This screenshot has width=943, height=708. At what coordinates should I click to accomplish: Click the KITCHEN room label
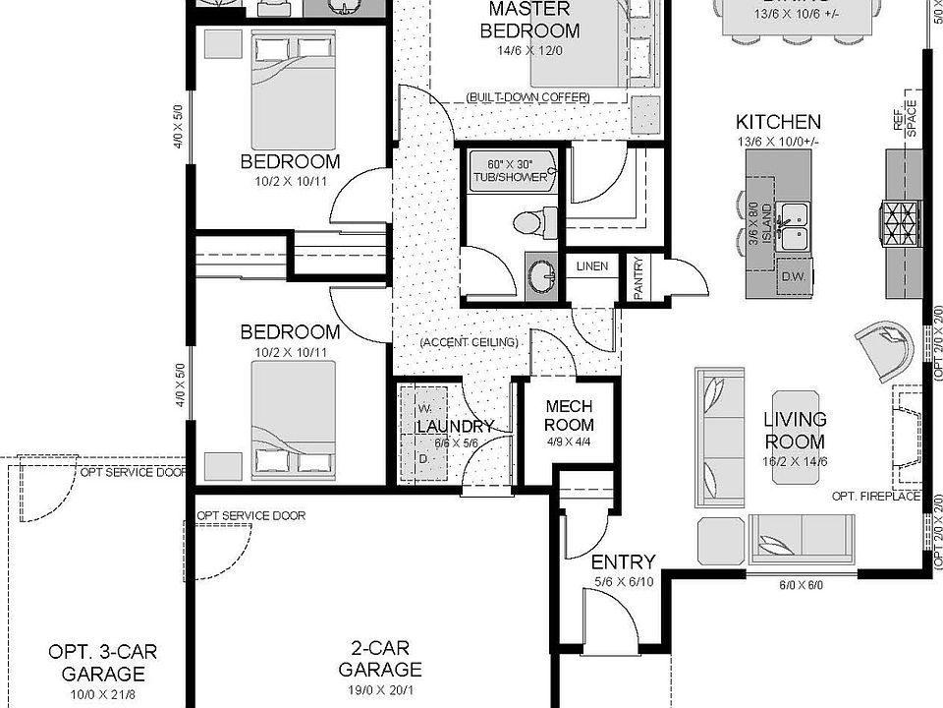tap(778, 123)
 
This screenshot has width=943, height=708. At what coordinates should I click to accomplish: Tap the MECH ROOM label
tap(570, 416)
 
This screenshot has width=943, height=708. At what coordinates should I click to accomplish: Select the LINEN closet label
tap(591, 266)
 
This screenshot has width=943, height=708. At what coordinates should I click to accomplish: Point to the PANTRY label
tap(639, 278)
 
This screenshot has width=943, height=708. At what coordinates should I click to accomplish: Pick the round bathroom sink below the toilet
tap(538, 276)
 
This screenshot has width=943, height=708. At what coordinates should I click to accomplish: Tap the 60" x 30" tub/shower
tap(508, 170)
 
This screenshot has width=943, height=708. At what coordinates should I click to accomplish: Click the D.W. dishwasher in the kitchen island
tap(793, 276)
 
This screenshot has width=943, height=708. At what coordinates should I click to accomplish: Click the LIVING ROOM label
tap(795, 431)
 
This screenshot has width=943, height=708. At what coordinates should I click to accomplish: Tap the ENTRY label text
tap(623, 562)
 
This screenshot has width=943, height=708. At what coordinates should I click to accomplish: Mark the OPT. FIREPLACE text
tap(875, 496)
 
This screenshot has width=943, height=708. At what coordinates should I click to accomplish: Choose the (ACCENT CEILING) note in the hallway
tap(468, 342)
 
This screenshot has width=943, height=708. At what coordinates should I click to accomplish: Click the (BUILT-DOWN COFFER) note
tap(527, 97)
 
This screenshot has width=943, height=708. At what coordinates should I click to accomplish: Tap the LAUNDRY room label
tap(455, 427)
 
